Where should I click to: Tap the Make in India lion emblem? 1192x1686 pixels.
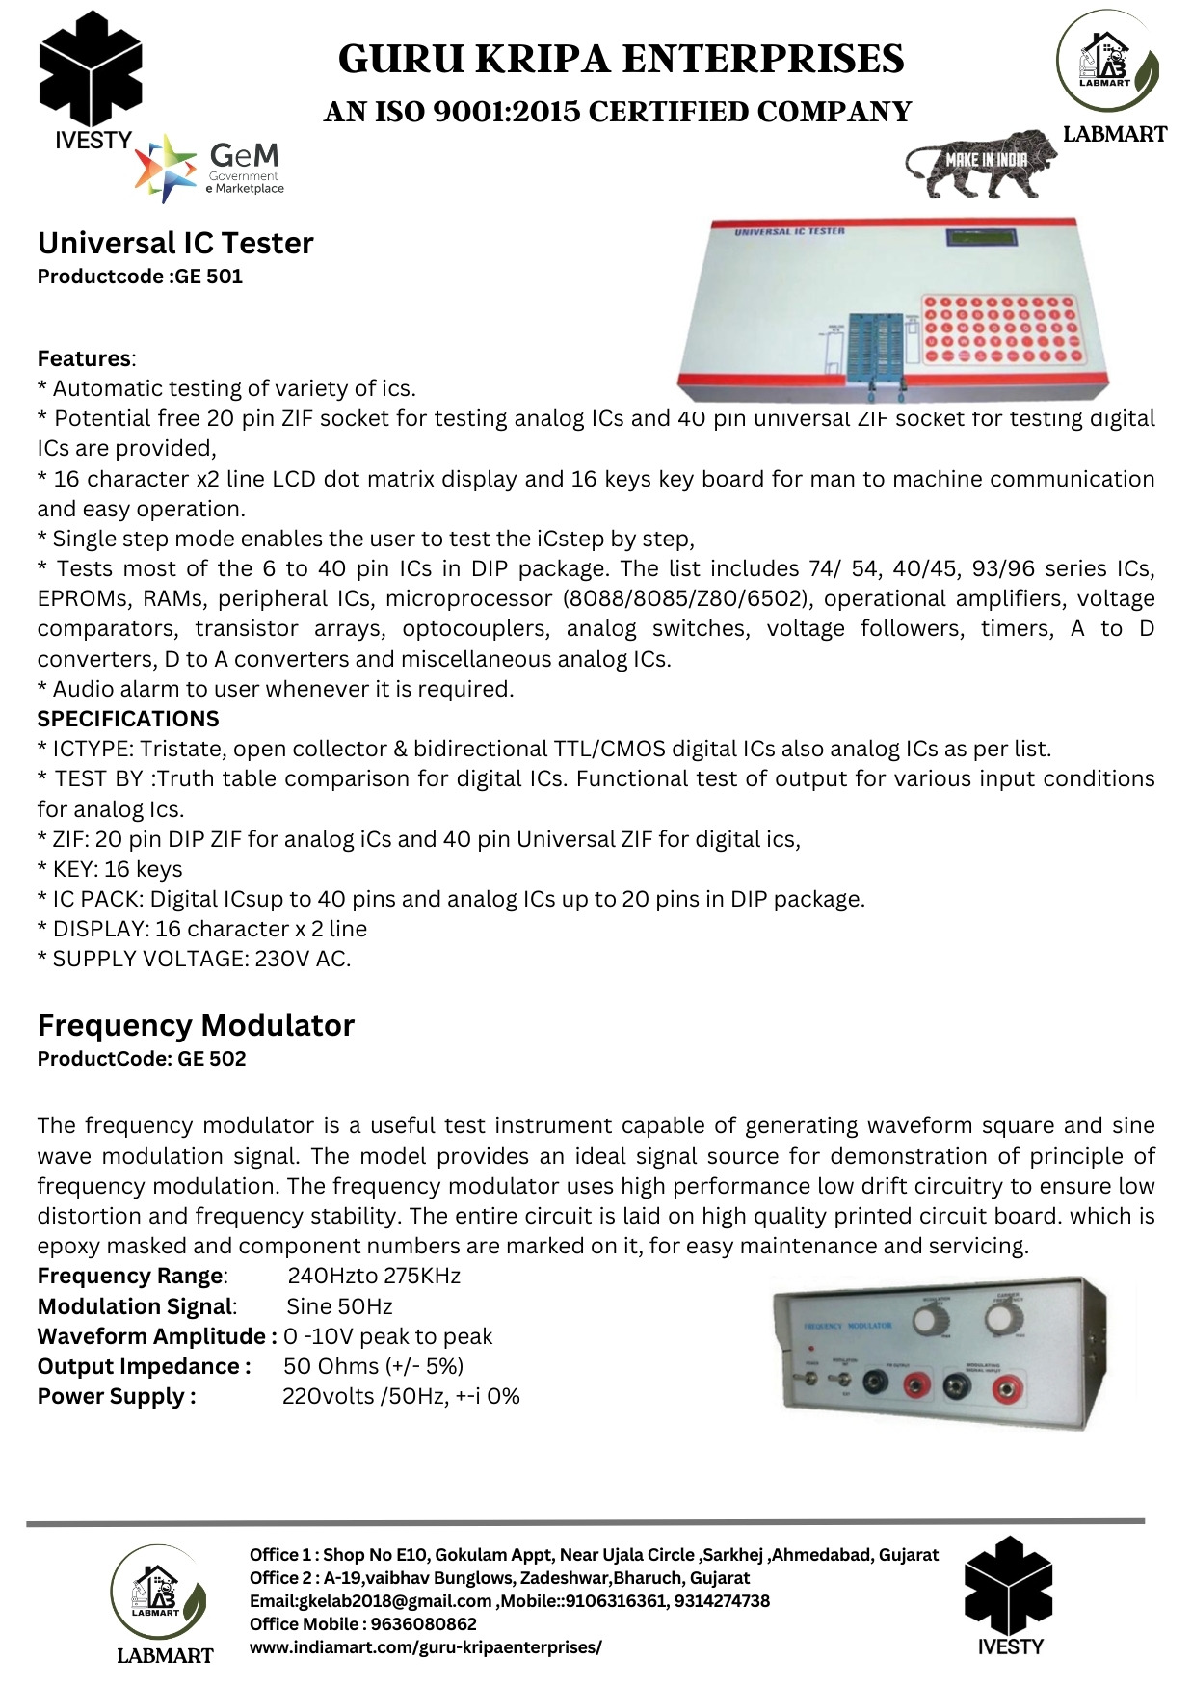[979, 162]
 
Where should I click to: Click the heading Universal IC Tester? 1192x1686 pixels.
[175, 243]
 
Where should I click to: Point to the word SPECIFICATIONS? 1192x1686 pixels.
[128, 719]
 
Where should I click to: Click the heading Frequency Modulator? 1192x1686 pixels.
[196, 1025]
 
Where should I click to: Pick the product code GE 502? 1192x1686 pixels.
[211, 1059]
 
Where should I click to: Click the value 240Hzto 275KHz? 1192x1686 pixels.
[374, 1277]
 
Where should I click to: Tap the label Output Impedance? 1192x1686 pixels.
[144, 1366]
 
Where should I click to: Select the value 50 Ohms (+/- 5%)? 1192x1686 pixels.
[373, 1366]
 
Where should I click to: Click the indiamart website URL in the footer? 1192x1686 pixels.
[425, 1647]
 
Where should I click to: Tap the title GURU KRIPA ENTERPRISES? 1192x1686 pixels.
[621, 60]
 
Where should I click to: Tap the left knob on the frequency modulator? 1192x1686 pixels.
[930, 1320]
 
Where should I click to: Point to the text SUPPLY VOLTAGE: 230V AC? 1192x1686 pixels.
[195, 959]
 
